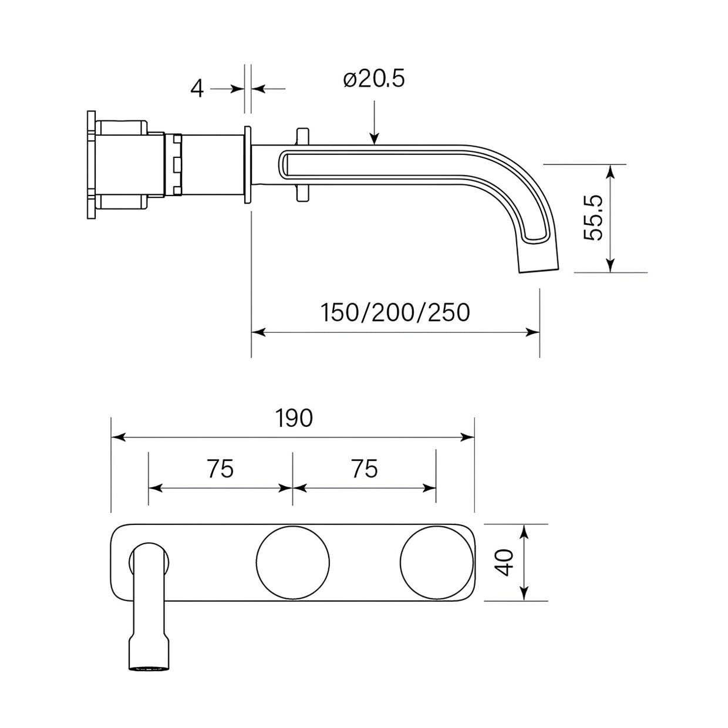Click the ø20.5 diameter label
(x=373, y=79)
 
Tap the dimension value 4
(x=197, y=90)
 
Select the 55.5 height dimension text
(x=593, y=218)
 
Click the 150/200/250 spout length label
(x=395, y=312)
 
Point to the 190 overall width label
(x=294, y=418)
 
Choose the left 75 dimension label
(x=220, y=469)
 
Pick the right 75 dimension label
(x=365, y=469)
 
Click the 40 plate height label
(x=505, y=562)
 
